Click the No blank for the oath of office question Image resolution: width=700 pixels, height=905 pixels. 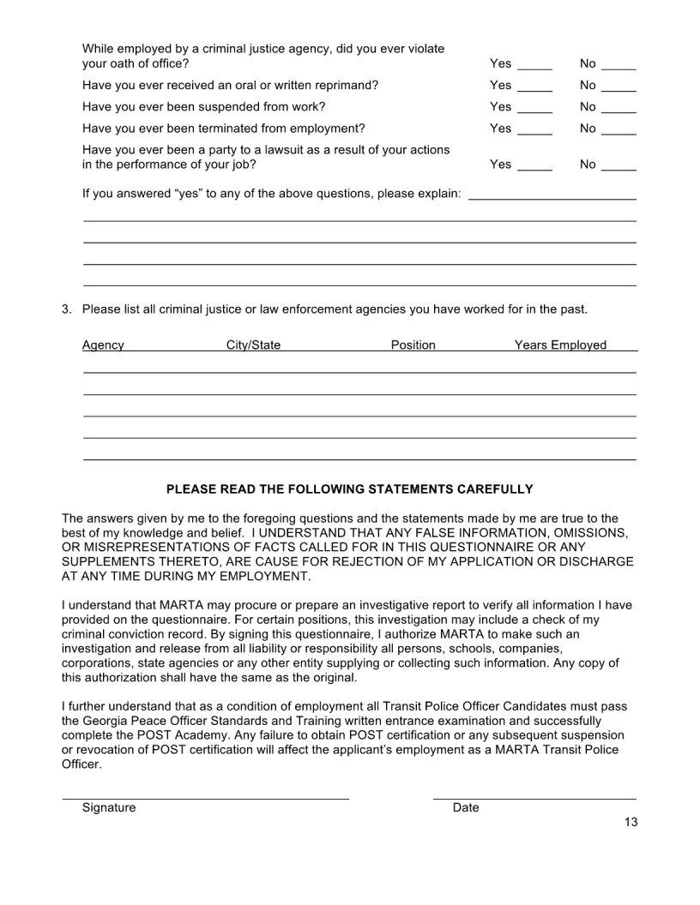[619, 65]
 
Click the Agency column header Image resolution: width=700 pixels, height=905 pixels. [103, 345]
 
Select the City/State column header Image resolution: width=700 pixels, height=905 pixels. [253, 345]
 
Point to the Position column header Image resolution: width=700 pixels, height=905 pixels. [413, 345]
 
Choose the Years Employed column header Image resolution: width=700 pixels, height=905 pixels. [560, 345]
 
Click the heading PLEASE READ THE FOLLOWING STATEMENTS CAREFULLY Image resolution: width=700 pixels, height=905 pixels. [349, 489]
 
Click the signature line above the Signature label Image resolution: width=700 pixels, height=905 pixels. [206, 797]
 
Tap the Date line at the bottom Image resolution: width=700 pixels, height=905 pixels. [534, 797]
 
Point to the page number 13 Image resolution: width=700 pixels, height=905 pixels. [631, 823]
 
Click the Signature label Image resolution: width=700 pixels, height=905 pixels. [109, 808]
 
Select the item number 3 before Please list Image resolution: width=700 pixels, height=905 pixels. [67, 309]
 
